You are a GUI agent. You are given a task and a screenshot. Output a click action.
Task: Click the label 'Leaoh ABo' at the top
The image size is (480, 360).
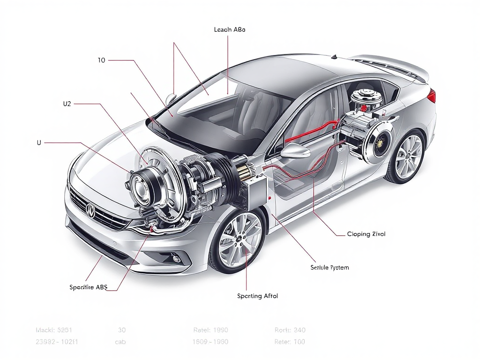tap(229, 30)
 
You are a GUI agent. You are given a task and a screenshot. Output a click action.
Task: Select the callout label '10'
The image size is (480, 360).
tap(101, 60)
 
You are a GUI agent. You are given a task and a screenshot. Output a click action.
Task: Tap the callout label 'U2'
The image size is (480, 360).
tap(67, 104)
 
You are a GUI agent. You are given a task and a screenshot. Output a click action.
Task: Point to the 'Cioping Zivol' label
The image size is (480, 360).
tap(366, 234)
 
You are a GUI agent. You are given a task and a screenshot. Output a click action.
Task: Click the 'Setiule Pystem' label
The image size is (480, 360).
tap(330, 268)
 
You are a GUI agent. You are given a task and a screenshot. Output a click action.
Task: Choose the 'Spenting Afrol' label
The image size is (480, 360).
tap(257, 296)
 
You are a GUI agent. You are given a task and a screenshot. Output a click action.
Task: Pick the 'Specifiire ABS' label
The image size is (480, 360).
tap(88, 287)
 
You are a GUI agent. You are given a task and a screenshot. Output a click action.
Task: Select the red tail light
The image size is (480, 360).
tap(431, 96)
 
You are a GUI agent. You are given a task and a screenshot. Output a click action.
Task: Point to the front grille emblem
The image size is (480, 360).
tap(90, 212)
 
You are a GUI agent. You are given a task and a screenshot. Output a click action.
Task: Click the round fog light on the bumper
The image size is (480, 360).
tap(176, 258)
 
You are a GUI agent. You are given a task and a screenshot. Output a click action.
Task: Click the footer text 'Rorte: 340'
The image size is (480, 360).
tap(290, 330)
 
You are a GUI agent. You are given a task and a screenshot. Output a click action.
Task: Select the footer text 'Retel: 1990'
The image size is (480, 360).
tap(210, 330)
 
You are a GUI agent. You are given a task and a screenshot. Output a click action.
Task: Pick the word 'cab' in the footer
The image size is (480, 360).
tap(120, 342)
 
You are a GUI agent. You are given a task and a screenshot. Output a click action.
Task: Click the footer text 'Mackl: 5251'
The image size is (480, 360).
tap(54, 330)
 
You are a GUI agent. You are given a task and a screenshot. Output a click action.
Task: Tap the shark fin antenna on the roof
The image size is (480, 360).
tap(334, 57)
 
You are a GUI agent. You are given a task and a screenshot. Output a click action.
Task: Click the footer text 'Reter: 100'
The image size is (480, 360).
tap(289, 342)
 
